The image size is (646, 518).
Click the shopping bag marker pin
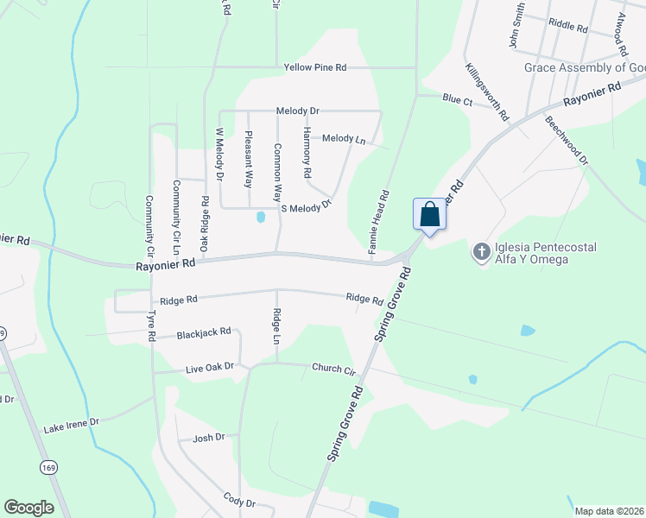tap(430, 214)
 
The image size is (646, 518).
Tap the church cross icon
tap(481, 253)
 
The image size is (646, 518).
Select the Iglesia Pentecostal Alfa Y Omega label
tap(544, 253)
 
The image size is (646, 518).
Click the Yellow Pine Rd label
tap(315, 66)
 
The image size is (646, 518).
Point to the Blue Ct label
tap(458, 100)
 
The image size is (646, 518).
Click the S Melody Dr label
tap(307, 208)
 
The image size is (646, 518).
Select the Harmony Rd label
tap(307, 152)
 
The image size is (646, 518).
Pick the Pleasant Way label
tap(248, 159)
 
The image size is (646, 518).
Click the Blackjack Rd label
tap(204, 332)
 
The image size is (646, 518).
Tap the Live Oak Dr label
tap(210, 367)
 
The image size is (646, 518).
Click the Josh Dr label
tap(208, 438)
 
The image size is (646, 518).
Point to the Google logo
tap(28, 508)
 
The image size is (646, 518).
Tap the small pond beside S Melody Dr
tap(261, 218)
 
